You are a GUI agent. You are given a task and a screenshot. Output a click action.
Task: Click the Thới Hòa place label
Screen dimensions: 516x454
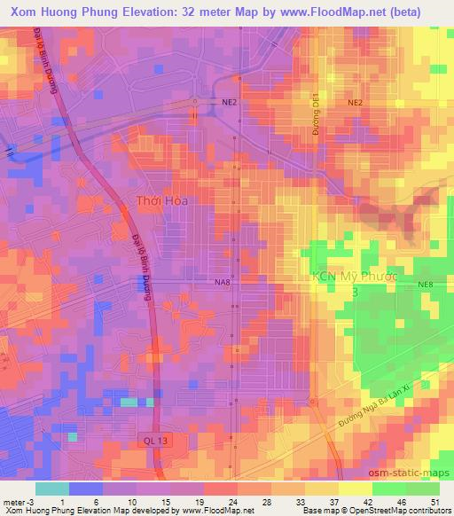pos(160,201)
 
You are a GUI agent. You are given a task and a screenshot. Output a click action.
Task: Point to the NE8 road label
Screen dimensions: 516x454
pos(427,284)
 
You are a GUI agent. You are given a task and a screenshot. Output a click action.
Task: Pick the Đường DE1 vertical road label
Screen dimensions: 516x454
pos(317,115)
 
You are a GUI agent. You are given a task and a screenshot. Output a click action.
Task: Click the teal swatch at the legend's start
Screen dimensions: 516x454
pos(52,489)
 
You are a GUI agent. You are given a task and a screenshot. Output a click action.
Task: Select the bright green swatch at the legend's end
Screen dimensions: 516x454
pos(422,489)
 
